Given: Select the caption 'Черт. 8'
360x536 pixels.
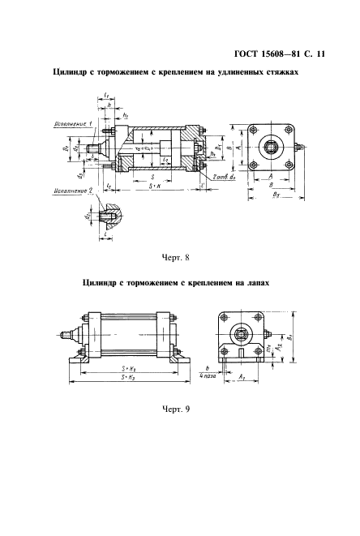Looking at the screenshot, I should [175, 259].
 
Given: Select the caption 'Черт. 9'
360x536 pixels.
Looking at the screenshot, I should [175, 408].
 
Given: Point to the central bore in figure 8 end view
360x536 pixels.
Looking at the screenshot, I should [270, 148].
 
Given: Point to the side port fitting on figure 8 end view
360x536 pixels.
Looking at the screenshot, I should [301, 148].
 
